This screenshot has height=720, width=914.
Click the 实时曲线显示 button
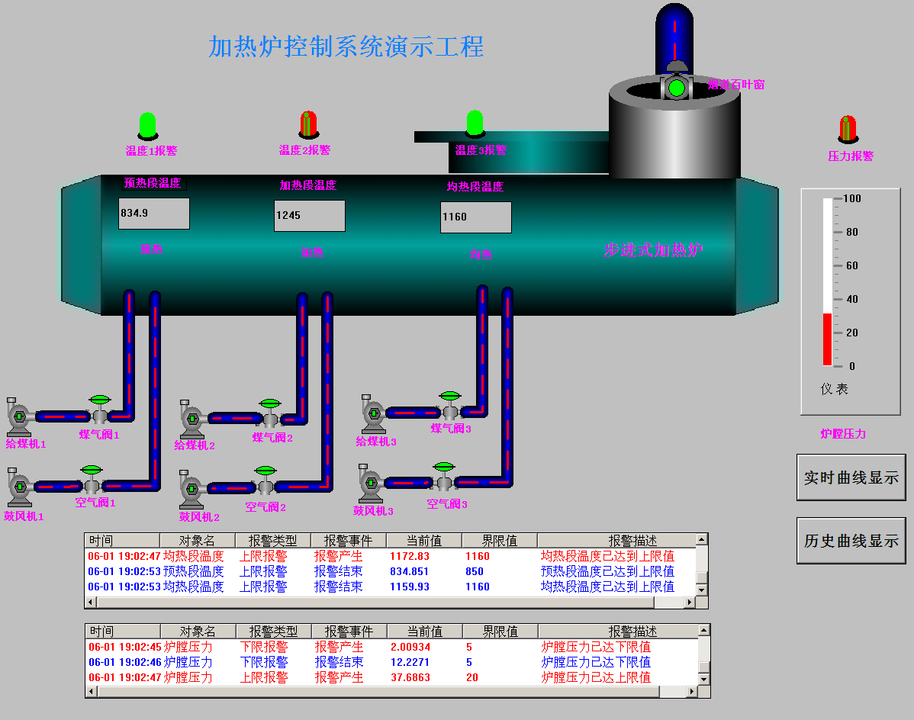(x=851, y=477)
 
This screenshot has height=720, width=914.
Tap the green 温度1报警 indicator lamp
(x=147, y=125)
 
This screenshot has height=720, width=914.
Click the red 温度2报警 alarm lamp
(x=308, y=124)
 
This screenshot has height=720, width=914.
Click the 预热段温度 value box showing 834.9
(x=153, y=214)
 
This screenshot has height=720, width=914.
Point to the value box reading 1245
(x=309, y=216)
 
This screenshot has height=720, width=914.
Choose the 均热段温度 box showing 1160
(x=475, y=217)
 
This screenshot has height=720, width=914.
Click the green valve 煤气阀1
(x=100, y=409)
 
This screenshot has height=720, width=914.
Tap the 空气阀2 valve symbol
(x=266, y=480)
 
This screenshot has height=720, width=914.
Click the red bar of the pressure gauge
(x=827, y=339)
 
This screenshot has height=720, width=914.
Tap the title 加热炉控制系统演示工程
(x=346, y=47)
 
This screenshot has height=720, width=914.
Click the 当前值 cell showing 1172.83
(x=409, y=556)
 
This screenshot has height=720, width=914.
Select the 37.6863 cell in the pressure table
(x=410, y=677)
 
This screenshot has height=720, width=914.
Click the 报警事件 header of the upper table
(x=348, y=541)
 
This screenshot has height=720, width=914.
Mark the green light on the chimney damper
(x=676, y=88)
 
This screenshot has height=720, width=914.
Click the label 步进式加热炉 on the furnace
(x=653, y=249)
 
